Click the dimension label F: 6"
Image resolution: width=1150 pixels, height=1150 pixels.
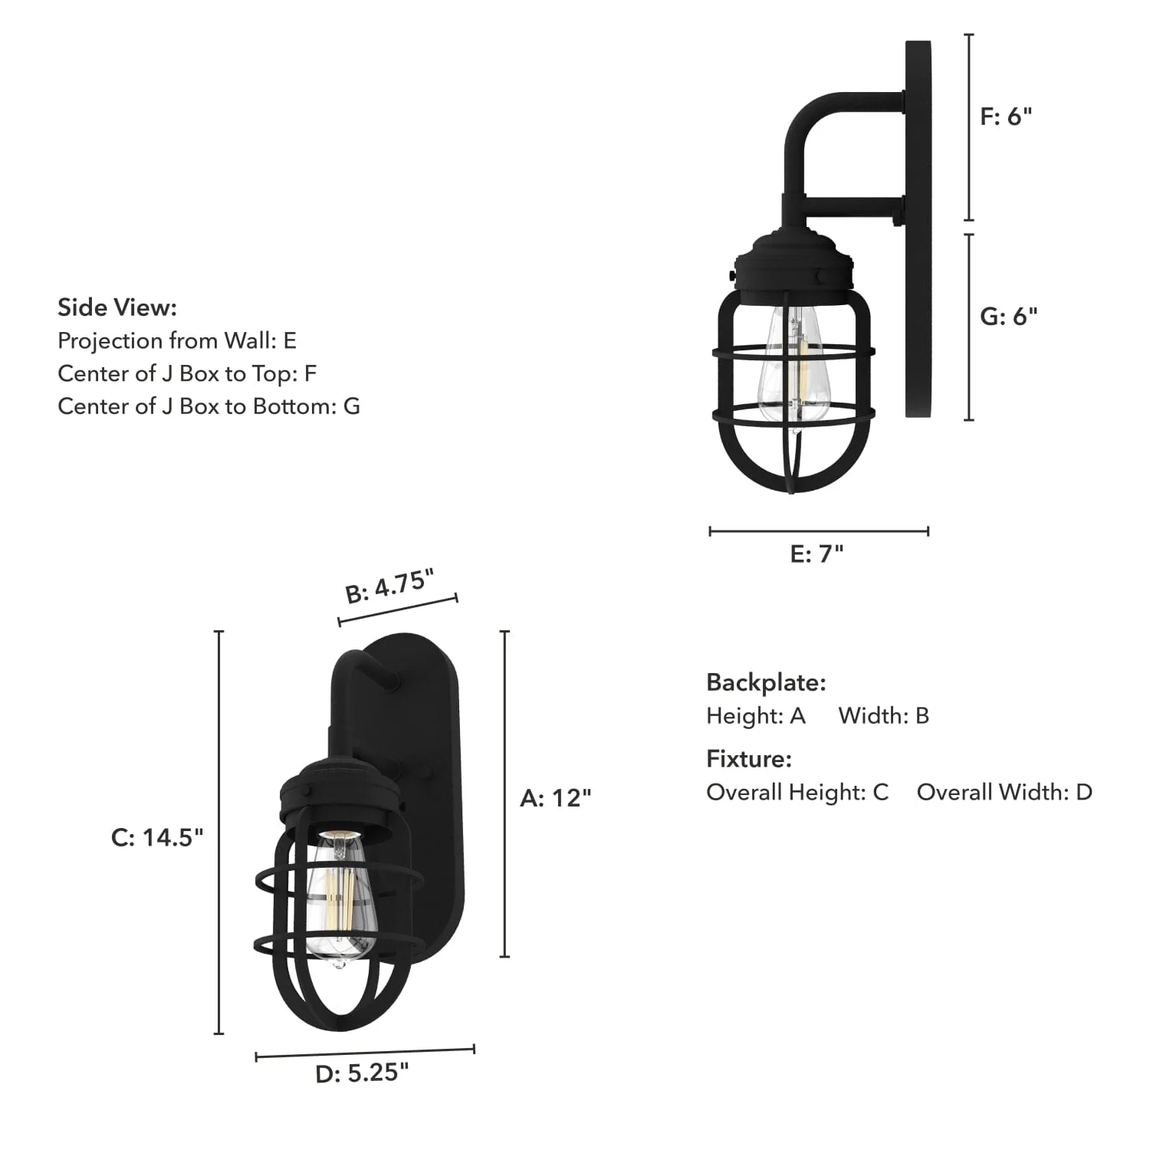(1006, 117)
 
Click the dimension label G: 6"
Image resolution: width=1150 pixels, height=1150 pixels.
(1008, 316)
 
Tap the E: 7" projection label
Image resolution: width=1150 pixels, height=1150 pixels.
(816, 554)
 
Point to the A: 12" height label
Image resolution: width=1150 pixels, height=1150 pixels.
(555, 798)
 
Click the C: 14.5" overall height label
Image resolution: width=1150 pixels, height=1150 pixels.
(157, 837)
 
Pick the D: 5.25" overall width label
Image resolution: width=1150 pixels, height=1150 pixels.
(362, 1073)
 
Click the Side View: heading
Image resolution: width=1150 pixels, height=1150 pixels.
(117, 307)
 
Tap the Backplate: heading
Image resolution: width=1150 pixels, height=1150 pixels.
(766, 682)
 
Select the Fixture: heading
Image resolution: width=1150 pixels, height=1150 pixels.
(748, 759)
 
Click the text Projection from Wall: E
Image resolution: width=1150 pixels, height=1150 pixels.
(177, 340)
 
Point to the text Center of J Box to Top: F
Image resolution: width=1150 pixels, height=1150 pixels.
(187, 373)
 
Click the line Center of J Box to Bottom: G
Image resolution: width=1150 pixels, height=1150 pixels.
(209, 406)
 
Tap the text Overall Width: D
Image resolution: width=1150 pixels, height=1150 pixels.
(1004, 792)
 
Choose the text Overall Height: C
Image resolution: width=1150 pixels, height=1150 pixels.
(797, 792)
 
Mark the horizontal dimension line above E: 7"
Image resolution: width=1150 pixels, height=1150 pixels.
(819, 531)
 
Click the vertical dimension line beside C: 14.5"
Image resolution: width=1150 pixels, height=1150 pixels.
(219, 832)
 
